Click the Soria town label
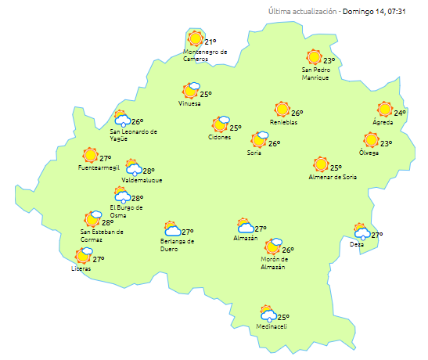click(254, 153)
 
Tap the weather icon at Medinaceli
click(268, 315)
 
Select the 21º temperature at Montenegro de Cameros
click(210, 42)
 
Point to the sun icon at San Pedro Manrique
click(314, 57)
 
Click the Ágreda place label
click(383, 123)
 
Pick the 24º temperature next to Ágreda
click(400, 113)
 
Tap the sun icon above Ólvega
click(371, 141)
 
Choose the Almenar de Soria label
click(333, 178)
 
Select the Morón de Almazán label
click(275, 263)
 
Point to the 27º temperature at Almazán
click(261, 229)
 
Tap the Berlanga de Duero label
click(177, 245)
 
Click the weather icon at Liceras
click(83, 256)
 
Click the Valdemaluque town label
click(142, 180)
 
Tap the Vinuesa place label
click(190, 103)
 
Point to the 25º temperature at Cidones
click(235, 128)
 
